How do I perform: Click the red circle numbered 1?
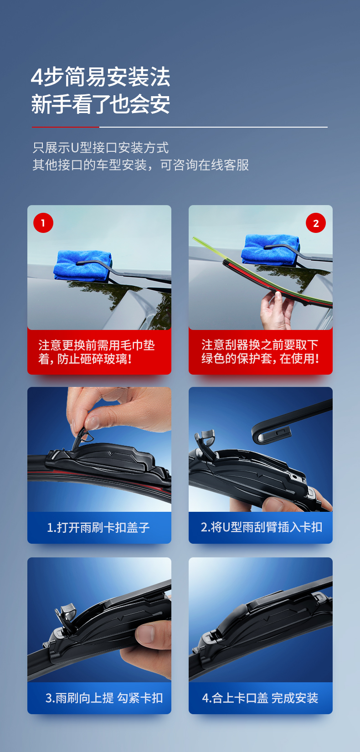click(43, 223)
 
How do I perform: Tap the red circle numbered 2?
click(316, 223)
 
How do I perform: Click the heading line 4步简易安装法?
click(100, 77)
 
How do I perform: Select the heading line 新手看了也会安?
click(100, 104)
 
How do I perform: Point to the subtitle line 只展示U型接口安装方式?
click(100, 148)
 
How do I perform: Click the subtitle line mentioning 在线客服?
click(141, 165)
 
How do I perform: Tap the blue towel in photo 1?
click(82, 266)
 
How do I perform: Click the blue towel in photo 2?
click(270, 249)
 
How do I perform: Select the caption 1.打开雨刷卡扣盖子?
click(98, 527)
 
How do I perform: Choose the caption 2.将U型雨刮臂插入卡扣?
click(261, 527)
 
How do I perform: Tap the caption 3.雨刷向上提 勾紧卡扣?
click(104, 698)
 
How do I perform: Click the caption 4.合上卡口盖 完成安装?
click(260, 698)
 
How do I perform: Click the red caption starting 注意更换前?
click(97, 352)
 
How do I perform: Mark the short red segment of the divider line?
click(66, 127)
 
